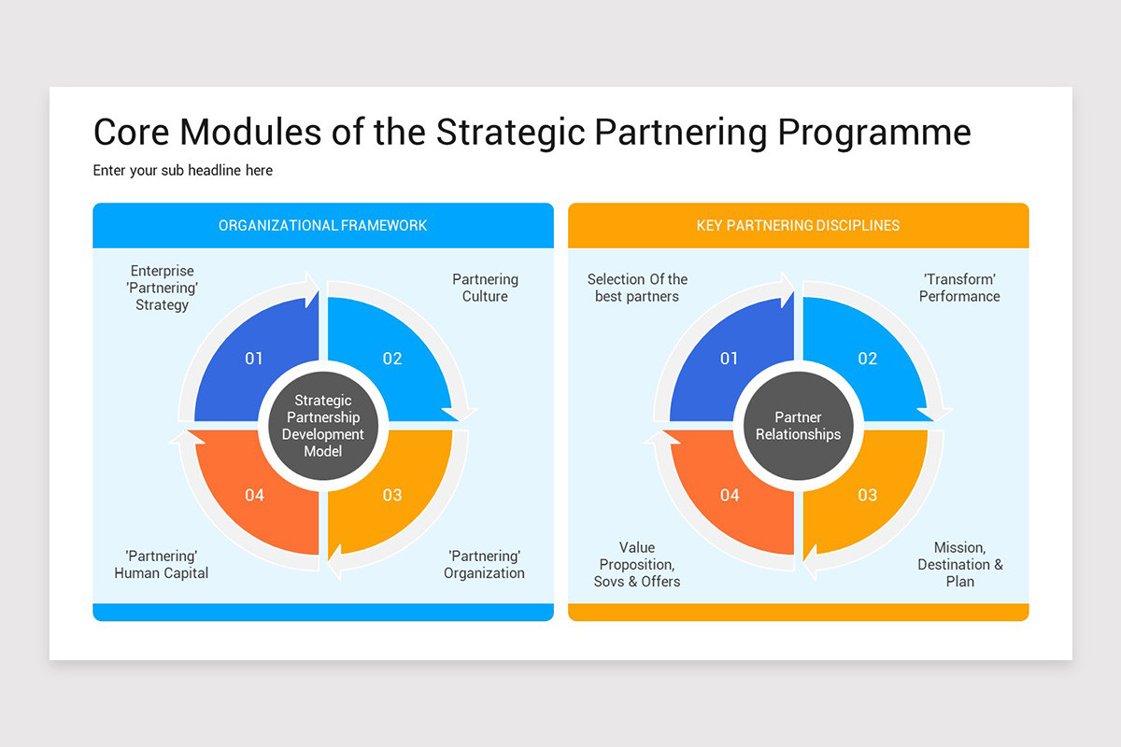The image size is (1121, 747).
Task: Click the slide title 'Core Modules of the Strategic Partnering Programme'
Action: click(532, 133)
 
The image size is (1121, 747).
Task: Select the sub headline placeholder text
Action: click(182, 170)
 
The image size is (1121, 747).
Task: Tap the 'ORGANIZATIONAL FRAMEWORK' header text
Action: click(322, 225)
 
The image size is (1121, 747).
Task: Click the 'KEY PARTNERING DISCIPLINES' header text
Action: click(798, 225)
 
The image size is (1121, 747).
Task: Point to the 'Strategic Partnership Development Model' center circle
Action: click(323, 426)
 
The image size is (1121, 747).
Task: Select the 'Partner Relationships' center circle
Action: click(798, 426)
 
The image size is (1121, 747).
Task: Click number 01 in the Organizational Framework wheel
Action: click(254, 359)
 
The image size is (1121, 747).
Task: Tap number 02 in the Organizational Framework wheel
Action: click(392, 359)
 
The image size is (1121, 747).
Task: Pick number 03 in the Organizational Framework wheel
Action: click(392, 495)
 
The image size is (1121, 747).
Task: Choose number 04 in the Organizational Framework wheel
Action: click(254, 495)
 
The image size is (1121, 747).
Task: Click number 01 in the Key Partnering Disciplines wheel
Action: click(730, 359)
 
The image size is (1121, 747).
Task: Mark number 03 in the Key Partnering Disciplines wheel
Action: click(868, 495)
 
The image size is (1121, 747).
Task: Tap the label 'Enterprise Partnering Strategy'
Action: click(162, 288)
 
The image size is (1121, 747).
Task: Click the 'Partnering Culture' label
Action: click(485, 288)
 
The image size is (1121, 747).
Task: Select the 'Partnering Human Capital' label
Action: click(161, 564)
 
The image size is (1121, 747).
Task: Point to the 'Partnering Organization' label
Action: click(484, 564)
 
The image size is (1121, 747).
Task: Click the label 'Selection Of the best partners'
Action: click(637, 288)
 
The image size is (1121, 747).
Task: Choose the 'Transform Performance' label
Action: click(959, 288)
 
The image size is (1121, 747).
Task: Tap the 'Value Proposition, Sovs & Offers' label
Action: click(637, 564)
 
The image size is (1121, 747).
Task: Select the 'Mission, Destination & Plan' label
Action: click(959, 564)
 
